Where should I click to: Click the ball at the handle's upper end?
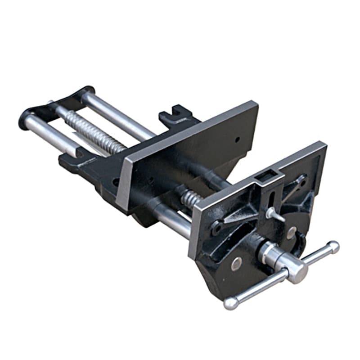click(333, 247)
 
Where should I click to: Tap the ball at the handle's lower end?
click(231, 303)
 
